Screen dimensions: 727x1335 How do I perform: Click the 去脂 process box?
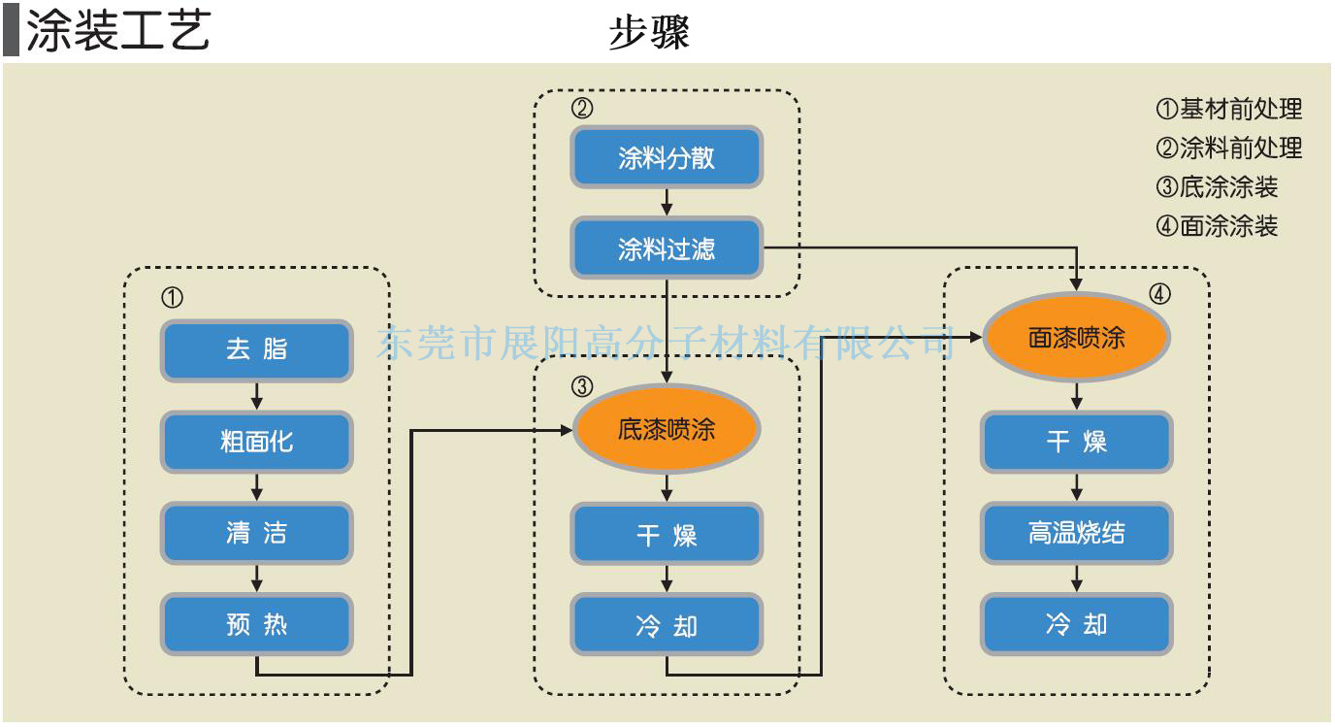257,349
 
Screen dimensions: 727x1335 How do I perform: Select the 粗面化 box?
257,442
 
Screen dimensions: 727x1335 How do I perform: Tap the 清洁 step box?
257,533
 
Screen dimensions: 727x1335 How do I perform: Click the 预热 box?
257,624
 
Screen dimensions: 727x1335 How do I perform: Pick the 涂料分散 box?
667,157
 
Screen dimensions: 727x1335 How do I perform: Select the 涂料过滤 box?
667,249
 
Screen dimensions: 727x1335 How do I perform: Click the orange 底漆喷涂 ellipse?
667,428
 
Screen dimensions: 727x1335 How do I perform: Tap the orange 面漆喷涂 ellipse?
1077,337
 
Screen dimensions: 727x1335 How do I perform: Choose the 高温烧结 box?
1077,533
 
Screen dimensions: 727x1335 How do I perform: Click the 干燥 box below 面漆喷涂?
1077,442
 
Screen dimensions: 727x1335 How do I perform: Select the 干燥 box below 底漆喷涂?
667,534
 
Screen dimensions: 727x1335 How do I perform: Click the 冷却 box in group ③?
667,625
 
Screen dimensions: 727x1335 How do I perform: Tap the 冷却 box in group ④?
1077,624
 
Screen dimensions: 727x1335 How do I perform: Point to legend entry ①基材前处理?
1229,109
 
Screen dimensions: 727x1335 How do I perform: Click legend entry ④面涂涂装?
1218,226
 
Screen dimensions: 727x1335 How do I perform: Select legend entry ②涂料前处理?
1229,148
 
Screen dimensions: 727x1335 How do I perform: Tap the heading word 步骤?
649,32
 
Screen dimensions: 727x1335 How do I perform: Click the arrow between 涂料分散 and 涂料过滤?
667,203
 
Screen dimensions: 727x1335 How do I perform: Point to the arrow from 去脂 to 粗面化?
257,395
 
